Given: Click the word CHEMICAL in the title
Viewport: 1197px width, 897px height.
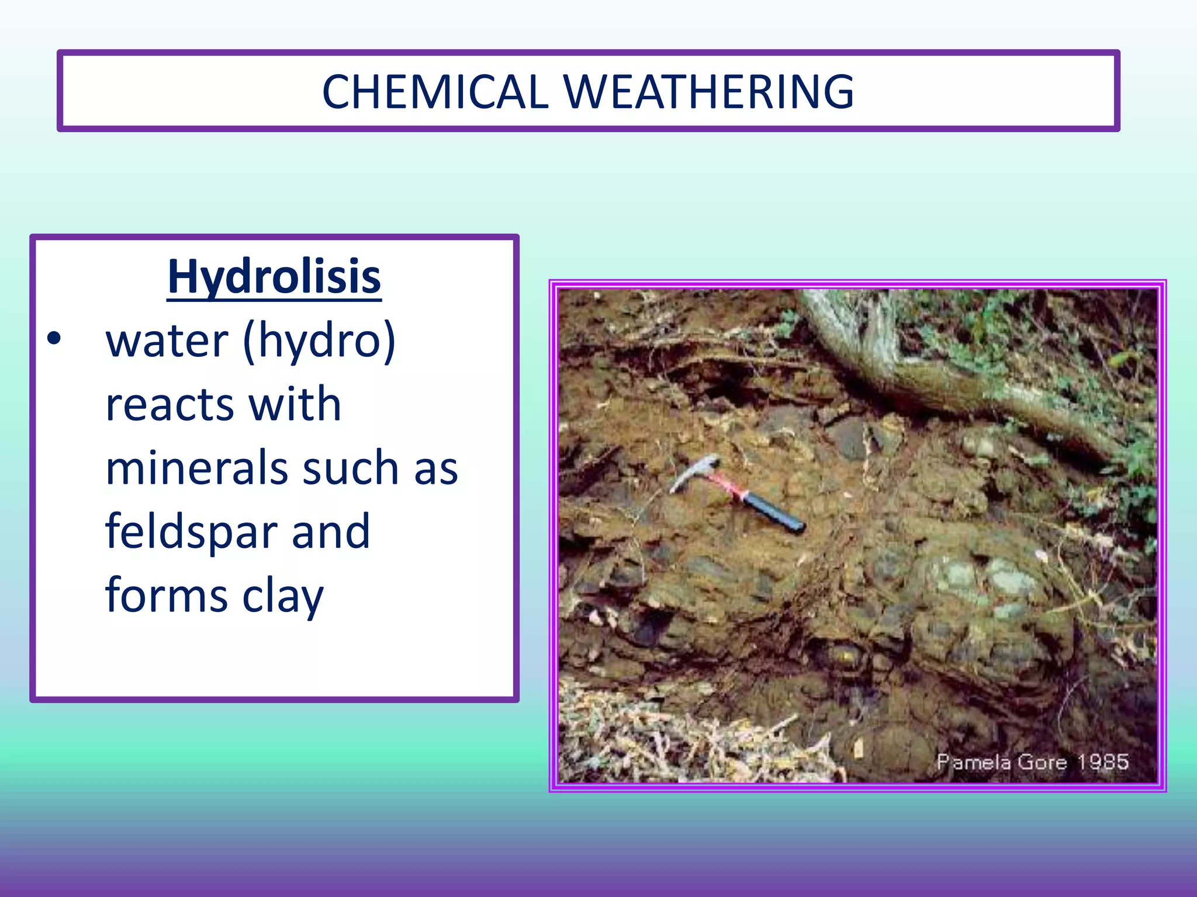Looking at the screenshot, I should tap(435, 92).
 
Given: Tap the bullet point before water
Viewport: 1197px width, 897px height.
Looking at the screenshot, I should tap(54, 339).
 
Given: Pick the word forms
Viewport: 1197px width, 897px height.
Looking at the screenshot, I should tap(167, 596).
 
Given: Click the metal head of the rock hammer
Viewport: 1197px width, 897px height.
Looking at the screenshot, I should tap(696, 471).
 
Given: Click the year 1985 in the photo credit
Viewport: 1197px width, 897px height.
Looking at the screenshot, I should tap(1103, 762).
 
